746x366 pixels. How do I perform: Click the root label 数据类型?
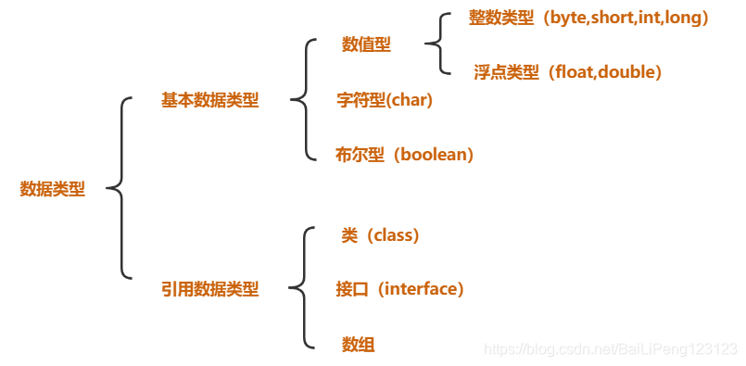(x=52, y=189)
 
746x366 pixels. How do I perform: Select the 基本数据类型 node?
(x=209, y=101)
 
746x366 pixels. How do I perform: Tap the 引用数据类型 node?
(x=209, y=289)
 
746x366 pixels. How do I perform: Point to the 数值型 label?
(x=366, y=44)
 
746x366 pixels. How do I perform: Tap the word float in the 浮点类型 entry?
(x=575, y=71)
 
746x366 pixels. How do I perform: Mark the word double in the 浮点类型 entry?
(x=627, y=71)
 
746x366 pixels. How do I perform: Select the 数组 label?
(x=358, y=345)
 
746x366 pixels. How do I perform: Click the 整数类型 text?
(x=500, y=18)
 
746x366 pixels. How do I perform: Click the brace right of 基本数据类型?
(x=299, y=100)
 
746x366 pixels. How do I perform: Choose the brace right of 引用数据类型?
(x=299, y=289)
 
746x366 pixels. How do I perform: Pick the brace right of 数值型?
(x=436, y=44)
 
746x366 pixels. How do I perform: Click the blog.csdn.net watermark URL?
(x=611, y=348)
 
